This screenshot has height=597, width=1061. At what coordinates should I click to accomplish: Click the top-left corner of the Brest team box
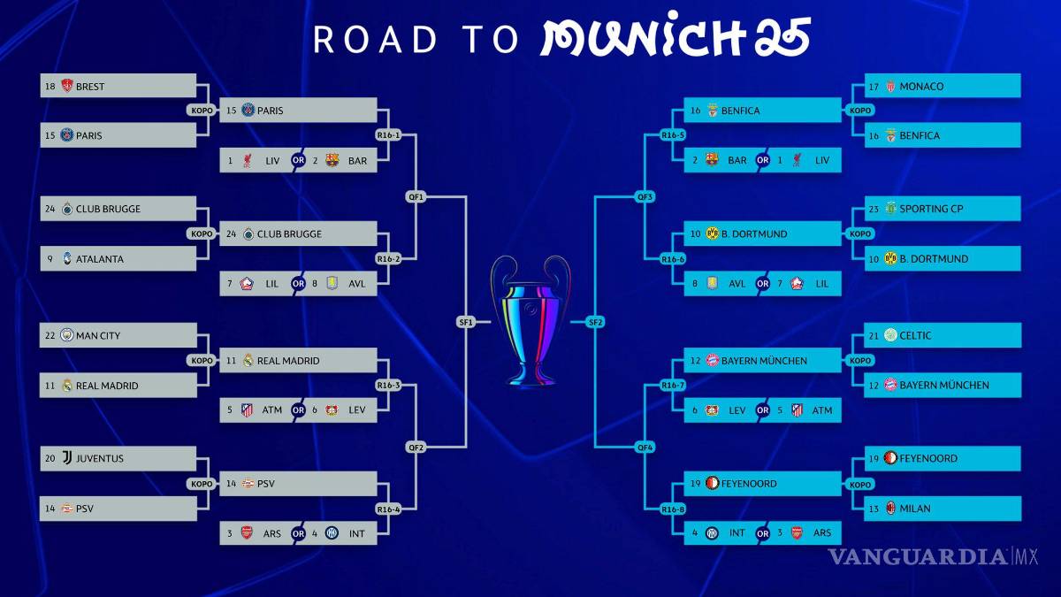[x=41, y=73]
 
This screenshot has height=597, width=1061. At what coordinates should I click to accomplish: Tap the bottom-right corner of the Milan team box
[x=1021, y=521]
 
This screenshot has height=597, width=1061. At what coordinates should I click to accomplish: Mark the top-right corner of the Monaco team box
[x=1020, y=73]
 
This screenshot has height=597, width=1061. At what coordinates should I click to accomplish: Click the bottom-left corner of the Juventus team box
[x=41, y=471]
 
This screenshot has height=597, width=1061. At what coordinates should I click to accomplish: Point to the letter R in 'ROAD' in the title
[x=324, y=39]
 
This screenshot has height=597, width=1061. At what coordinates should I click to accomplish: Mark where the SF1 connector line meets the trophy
[x=491, y=322]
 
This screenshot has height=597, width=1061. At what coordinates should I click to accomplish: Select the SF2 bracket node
[x=595, y=322]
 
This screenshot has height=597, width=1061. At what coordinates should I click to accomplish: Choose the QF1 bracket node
[x=416, y=196]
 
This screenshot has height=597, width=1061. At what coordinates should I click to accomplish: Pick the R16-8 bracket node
[x=673, y=509]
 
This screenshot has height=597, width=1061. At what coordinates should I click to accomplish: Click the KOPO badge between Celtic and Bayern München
[x=860, y=361]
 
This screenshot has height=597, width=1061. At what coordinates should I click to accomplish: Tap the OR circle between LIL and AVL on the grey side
[x=298, y=283]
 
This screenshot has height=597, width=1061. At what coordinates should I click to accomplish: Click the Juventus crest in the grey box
[x=67, y=458]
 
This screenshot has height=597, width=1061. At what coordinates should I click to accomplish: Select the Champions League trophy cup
[x=530, y=321]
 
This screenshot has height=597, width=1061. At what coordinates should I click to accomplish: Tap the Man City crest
[x=67, y=335]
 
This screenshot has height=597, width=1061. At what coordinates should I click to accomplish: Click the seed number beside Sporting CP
[x=874, y=209]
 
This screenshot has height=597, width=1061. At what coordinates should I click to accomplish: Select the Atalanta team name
[x=99, y=259]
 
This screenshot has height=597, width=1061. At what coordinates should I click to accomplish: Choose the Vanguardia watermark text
[x=933, y=556]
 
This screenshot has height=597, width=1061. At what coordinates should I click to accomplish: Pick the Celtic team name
[x=915, y=335]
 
